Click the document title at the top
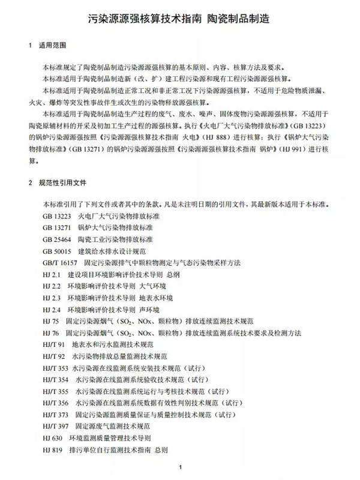(179, 19)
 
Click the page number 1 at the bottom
(180, 468)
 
